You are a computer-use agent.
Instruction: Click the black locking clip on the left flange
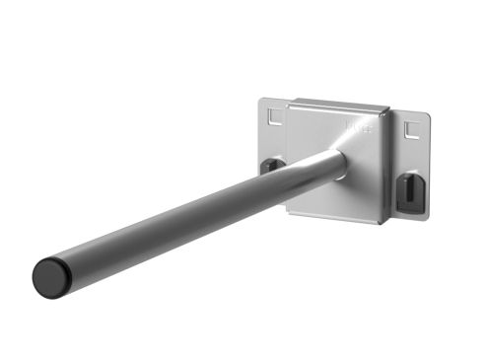point(269,165)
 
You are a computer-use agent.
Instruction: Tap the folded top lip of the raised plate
point(340,104)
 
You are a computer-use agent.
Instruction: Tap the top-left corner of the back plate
point(261,98)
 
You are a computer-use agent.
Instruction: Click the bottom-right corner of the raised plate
point(382,223)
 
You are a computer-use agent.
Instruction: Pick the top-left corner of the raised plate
point(291,100)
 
